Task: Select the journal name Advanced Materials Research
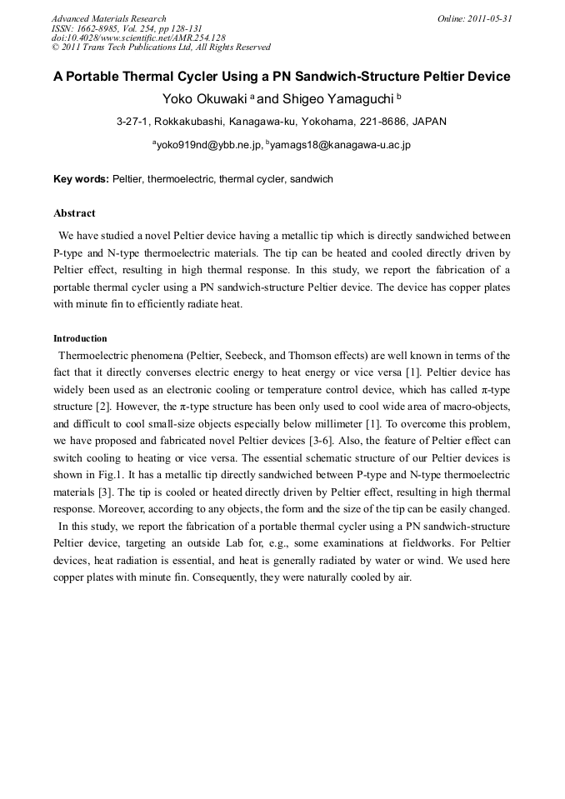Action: (x=108, y=18)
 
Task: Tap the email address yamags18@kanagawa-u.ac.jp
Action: (x=340, y=144)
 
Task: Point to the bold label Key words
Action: (x=81, y=178)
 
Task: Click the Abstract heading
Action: (x=74, y=213)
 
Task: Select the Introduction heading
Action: (x=80, y=338)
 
